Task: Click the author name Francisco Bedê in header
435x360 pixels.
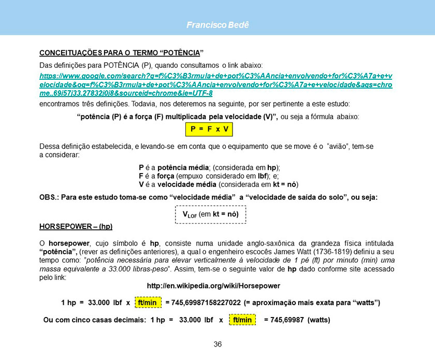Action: (x=218, y=25)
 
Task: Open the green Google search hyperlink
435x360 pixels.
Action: (x=216, y=84)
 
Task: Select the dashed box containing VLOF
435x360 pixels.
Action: (x=210, y=214)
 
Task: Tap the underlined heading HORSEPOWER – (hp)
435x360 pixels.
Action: (x=76, y=227)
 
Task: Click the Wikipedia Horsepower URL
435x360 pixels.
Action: (x=213, y=285)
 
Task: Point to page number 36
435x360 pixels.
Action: (x=218, y=344)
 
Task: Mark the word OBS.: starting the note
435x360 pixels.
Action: (x=49, y=197)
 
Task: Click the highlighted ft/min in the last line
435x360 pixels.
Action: (x=242, y=320)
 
